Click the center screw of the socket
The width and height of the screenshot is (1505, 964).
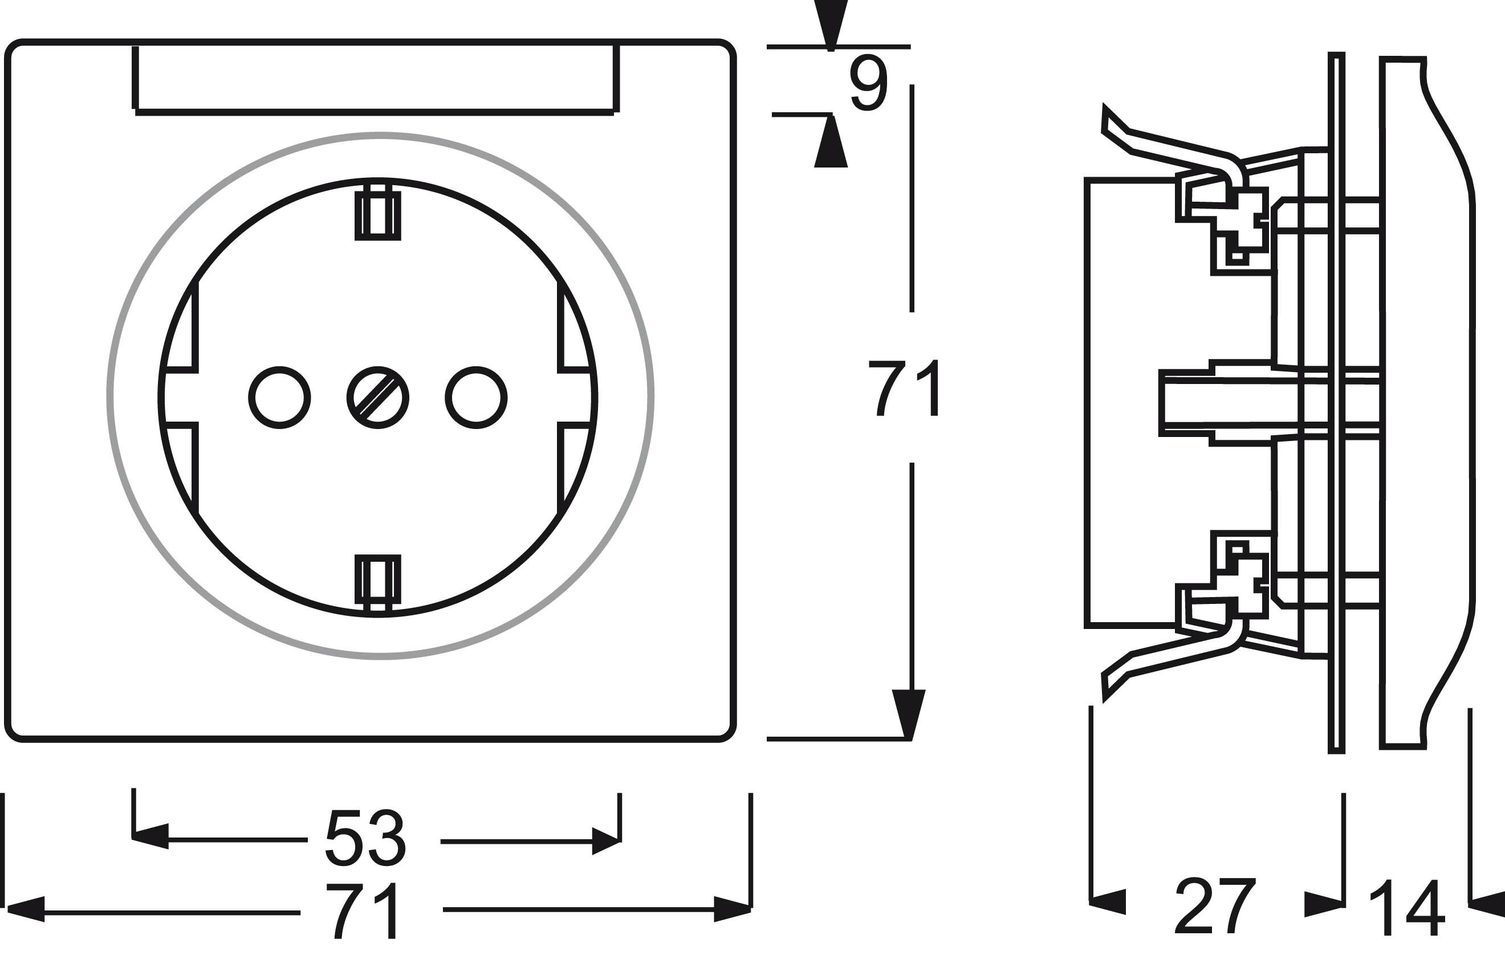tap(377, 398)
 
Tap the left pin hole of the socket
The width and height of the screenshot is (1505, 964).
tap(279, 398)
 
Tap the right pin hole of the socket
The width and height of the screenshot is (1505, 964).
tap(476, 398)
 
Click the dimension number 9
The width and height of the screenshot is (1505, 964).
tap(868, 83)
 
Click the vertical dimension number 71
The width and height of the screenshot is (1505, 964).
tap(903, 388)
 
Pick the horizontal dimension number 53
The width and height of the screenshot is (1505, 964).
tap(366, 839)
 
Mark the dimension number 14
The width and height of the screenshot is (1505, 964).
tap(1408, 908)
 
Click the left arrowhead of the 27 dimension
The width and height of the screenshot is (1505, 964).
tap(1107, 901)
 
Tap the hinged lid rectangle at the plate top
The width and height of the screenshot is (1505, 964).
tap(375, 77)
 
